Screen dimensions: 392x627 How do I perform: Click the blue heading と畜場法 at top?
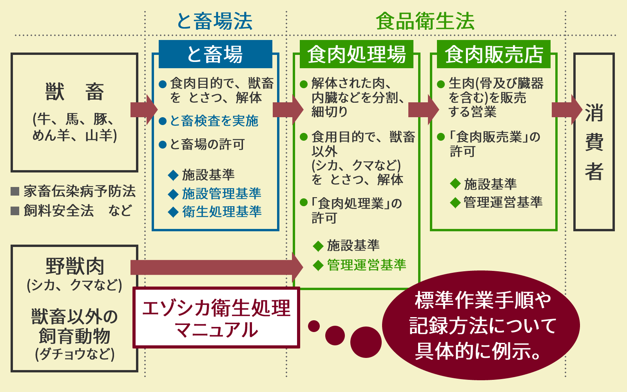coord(214,21)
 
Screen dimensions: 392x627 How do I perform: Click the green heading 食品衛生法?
coord(425,21)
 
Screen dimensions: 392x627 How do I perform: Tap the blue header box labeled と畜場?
coord(215,54)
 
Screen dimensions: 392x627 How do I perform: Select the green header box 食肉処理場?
coord(356,54)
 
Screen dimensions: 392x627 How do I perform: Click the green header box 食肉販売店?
coord(493,54)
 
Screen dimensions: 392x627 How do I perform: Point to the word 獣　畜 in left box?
coord(74,92)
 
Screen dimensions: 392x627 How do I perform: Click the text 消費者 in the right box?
coord(594,142)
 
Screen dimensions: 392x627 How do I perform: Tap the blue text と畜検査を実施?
coord(214,121)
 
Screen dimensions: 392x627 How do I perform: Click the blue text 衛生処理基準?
coord(221,212)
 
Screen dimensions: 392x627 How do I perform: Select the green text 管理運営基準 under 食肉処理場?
coord(366,265)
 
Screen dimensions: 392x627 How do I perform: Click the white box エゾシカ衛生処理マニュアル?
coord(216,318)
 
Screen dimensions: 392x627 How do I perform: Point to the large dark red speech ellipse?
coord(481,325)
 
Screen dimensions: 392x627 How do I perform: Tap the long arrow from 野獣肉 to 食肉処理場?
coord(216,267)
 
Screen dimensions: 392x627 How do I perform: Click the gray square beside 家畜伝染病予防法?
coord(15,191)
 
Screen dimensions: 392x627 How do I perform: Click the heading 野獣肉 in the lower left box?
coord(74,267)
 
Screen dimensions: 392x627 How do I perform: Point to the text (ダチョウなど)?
coord(74,354)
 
